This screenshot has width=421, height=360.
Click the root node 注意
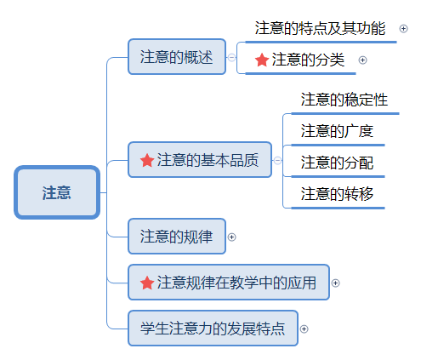click(57, 192)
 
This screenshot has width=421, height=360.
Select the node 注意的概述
click(177, 57)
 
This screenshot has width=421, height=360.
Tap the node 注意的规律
click(177, 237)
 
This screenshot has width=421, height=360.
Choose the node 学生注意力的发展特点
click(213, 329)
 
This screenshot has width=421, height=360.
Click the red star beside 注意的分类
click(262, 60)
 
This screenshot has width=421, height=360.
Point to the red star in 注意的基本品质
click(147, 160)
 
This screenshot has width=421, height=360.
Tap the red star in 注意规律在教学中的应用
click(147, 283)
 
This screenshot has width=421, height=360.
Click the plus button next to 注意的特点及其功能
click(403, 29)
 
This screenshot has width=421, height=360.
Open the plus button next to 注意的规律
click(231, 237)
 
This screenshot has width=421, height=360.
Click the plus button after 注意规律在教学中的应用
click(335, 283)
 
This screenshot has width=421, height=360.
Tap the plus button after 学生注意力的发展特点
click(304, 329)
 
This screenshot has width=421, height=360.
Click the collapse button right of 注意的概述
click(231, 58)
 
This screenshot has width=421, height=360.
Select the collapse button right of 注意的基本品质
click(277, 161)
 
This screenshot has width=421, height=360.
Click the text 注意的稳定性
click(344, 100)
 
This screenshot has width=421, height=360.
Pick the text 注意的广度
click(337, 131)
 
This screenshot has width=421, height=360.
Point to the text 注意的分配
click(337, 163)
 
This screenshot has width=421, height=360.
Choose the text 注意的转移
click(337, 194)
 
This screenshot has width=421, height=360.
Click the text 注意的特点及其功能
click(320, 28)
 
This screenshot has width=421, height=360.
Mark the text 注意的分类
click(308, 60)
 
